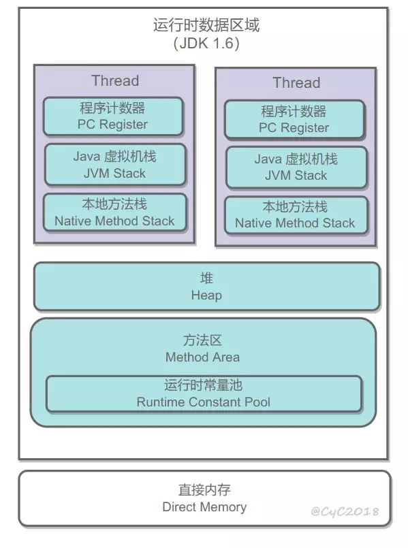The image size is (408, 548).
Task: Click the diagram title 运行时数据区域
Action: point(206,25)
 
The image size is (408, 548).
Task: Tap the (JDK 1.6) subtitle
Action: point(206,44)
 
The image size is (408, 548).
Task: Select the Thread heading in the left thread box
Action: point(115,81)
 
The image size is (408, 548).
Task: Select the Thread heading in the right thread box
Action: point(296,83)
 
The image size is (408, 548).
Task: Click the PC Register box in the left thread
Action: point(113,116)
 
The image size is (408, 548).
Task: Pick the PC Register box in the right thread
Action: point(295,120)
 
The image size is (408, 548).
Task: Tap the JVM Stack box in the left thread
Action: point(115,165)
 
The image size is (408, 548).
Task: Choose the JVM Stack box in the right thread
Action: point(296,167)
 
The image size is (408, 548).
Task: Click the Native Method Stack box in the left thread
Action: point(115,212)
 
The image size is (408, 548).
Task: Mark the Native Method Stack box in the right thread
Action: point(296,215)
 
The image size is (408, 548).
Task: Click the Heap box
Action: point(206,286)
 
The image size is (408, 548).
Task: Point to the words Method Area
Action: point(203,357)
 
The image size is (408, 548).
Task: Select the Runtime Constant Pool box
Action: point(204,393)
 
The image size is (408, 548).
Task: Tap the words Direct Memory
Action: point(204,506)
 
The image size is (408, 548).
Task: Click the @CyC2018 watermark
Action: point(345,511)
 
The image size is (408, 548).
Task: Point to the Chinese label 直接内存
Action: point(204,490)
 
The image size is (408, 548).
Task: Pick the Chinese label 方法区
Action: point(202,340)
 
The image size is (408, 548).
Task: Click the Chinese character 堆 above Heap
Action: point(206,278)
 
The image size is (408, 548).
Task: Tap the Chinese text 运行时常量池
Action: point(204,385)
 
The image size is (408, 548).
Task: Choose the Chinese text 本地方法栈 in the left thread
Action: point(114,204)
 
